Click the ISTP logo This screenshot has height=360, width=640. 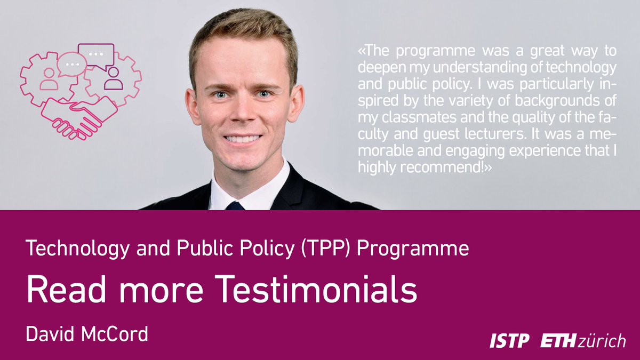(510, 341)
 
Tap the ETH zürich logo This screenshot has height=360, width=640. (583, 341)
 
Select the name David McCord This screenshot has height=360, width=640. (87, 335)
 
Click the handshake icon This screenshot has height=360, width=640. (80, 115)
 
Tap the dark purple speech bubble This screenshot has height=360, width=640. (97, 54)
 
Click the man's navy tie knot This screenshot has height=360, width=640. (235, 205)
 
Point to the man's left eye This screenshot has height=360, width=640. (262, 94)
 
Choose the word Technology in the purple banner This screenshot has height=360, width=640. (69, 249)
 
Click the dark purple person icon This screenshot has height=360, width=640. (113, 78)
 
